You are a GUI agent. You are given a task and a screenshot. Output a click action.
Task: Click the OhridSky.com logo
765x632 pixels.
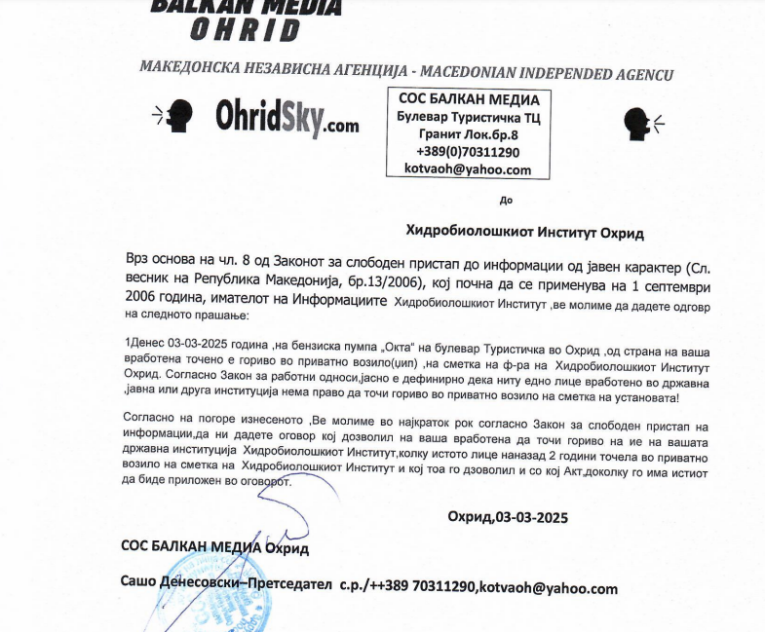click(x=287, y=121)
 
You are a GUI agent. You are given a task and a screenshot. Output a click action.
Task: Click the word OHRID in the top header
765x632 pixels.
click(x=245, y=30)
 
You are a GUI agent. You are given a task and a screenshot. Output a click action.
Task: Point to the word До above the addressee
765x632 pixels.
click(x=505, y=201)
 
